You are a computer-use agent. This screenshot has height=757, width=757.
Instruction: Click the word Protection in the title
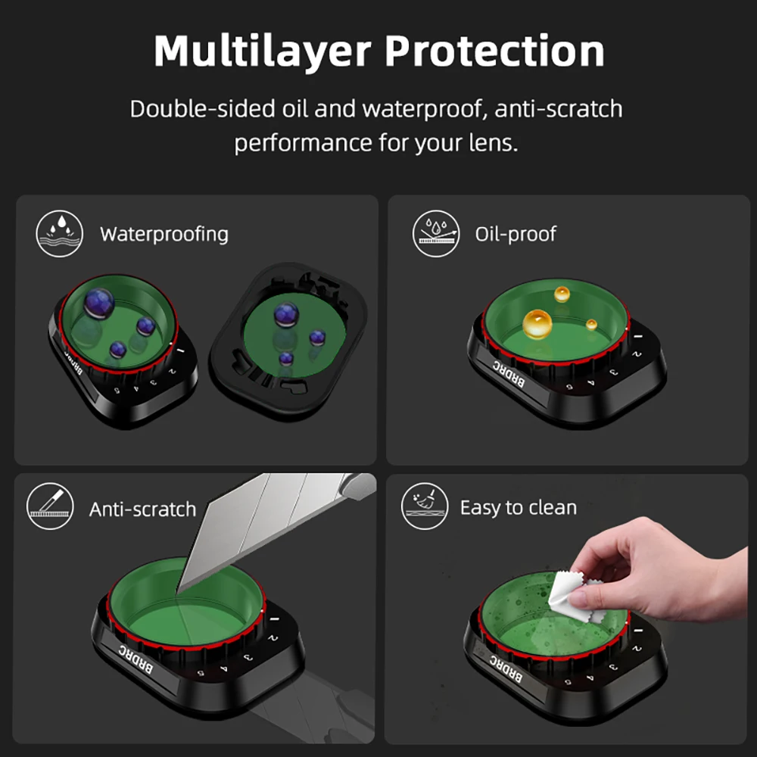[x=495, y=51]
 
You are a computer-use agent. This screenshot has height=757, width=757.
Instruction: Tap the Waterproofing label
[x=164, y=235]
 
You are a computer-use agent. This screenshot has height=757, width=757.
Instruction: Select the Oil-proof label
[x=516, y=234]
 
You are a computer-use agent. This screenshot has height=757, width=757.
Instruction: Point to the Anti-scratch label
[x=142, y=509]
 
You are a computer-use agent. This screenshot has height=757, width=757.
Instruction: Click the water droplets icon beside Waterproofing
[x=59, y=234]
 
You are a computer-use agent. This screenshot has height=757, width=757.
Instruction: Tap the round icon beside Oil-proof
[x=436, y=234]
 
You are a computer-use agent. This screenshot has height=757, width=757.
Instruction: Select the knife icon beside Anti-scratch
[x=50, y=506]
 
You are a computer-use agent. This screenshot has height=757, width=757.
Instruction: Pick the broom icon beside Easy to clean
[x=425, y=506]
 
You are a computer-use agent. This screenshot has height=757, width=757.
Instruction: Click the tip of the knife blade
[x=176, y=594]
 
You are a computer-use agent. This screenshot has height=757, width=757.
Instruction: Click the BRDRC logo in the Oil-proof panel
[x=509, y=374]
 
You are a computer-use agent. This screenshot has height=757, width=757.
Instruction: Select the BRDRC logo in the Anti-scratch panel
[x=136, y=659]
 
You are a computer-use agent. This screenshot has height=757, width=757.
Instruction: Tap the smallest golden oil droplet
[x=591, y=325]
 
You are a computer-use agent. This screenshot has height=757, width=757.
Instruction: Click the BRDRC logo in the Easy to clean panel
[x=506, y=669]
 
